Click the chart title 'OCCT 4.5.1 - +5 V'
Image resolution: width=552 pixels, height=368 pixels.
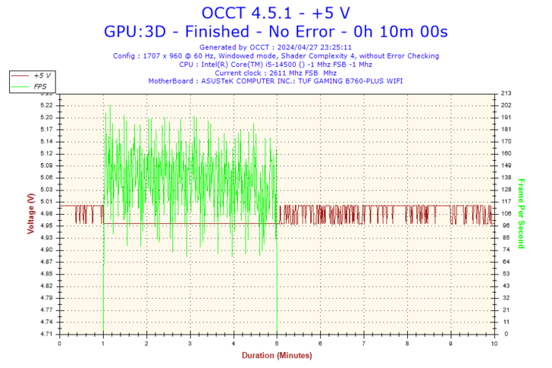[x=275, y=12]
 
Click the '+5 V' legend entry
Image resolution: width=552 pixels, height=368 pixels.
[x=42, y=76]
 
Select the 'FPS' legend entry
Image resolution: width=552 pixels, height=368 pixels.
[x=40, y=86]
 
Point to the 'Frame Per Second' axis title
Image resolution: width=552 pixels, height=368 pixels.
[x=522, y=213]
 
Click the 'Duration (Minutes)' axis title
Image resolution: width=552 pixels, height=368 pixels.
[x=276, y=355]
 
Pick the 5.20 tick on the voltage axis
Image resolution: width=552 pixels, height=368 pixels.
[x=46, y=118]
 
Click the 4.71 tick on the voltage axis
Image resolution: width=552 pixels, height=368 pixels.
[x=46, y=334]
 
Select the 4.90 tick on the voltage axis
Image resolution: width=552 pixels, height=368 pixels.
[x=46, y=250]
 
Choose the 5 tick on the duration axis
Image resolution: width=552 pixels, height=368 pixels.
[x=277, y=343]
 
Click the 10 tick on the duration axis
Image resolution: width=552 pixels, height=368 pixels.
[x=494, y=343]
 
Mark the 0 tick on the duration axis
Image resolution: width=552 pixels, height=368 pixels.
[x=60, y=343]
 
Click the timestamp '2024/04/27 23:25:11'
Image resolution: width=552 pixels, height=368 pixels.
[x=319, y=47]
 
